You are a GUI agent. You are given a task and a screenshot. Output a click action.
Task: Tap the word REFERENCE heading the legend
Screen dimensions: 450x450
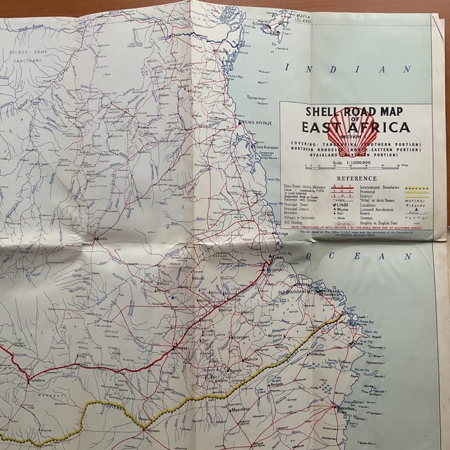point(356,179)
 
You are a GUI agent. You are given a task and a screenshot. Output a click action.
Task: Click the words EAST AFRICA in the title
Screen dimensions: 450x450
point(355,128)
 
